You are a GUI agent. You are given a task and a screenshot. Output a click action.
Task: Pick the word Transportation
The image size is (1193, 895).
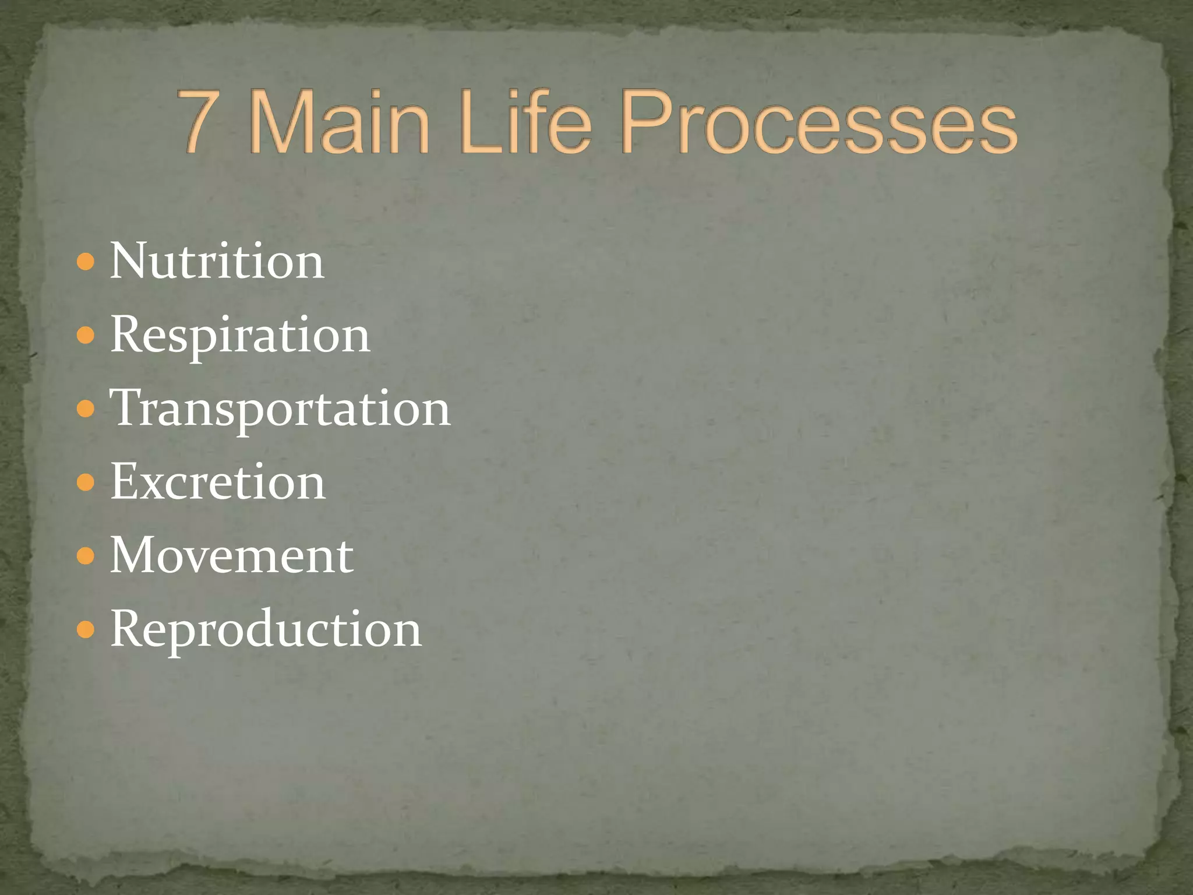(280, 408)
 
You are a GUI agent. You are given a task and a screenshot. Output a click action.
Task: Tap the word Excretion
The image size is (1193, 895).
(218, 482)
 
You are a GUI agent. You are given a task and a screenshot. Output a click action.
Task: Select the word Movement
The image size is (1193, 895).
(231, 555)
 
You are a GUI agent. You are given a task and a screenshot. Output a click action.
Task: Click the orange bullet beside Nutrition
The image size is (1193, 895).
(85, 262)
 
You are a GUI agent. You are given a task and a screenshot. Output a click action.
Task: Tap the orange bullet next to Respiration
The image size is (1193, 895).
(85, 336)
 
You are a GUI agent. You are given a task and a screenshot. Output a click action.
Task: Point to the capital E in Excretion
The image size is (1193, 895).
(123, 481)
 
